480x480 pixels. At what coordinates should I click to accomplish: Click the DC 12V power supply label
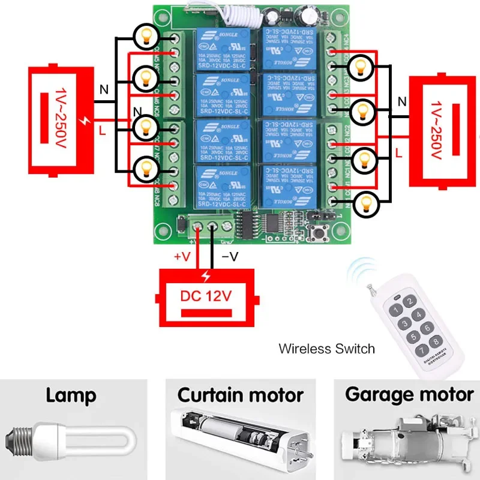click(x=206, y=296)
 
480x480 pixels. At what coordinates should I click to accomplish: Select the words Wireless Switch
click(x=326, y=349)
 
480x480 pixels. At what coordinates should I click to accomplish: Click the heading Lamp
click(x=71, y=395)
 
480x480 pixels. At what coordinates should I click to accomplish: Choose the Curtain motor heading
click(x=240, y=395)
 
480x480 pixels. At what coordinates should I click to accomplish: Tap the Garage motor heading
click(x=409, y=395)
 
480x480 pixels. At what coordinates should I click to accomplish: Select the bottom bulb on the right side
click(x=364, y=204)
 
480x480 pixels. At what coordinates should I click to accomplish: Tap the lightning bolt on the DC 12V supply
click(x=207, y=277)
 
